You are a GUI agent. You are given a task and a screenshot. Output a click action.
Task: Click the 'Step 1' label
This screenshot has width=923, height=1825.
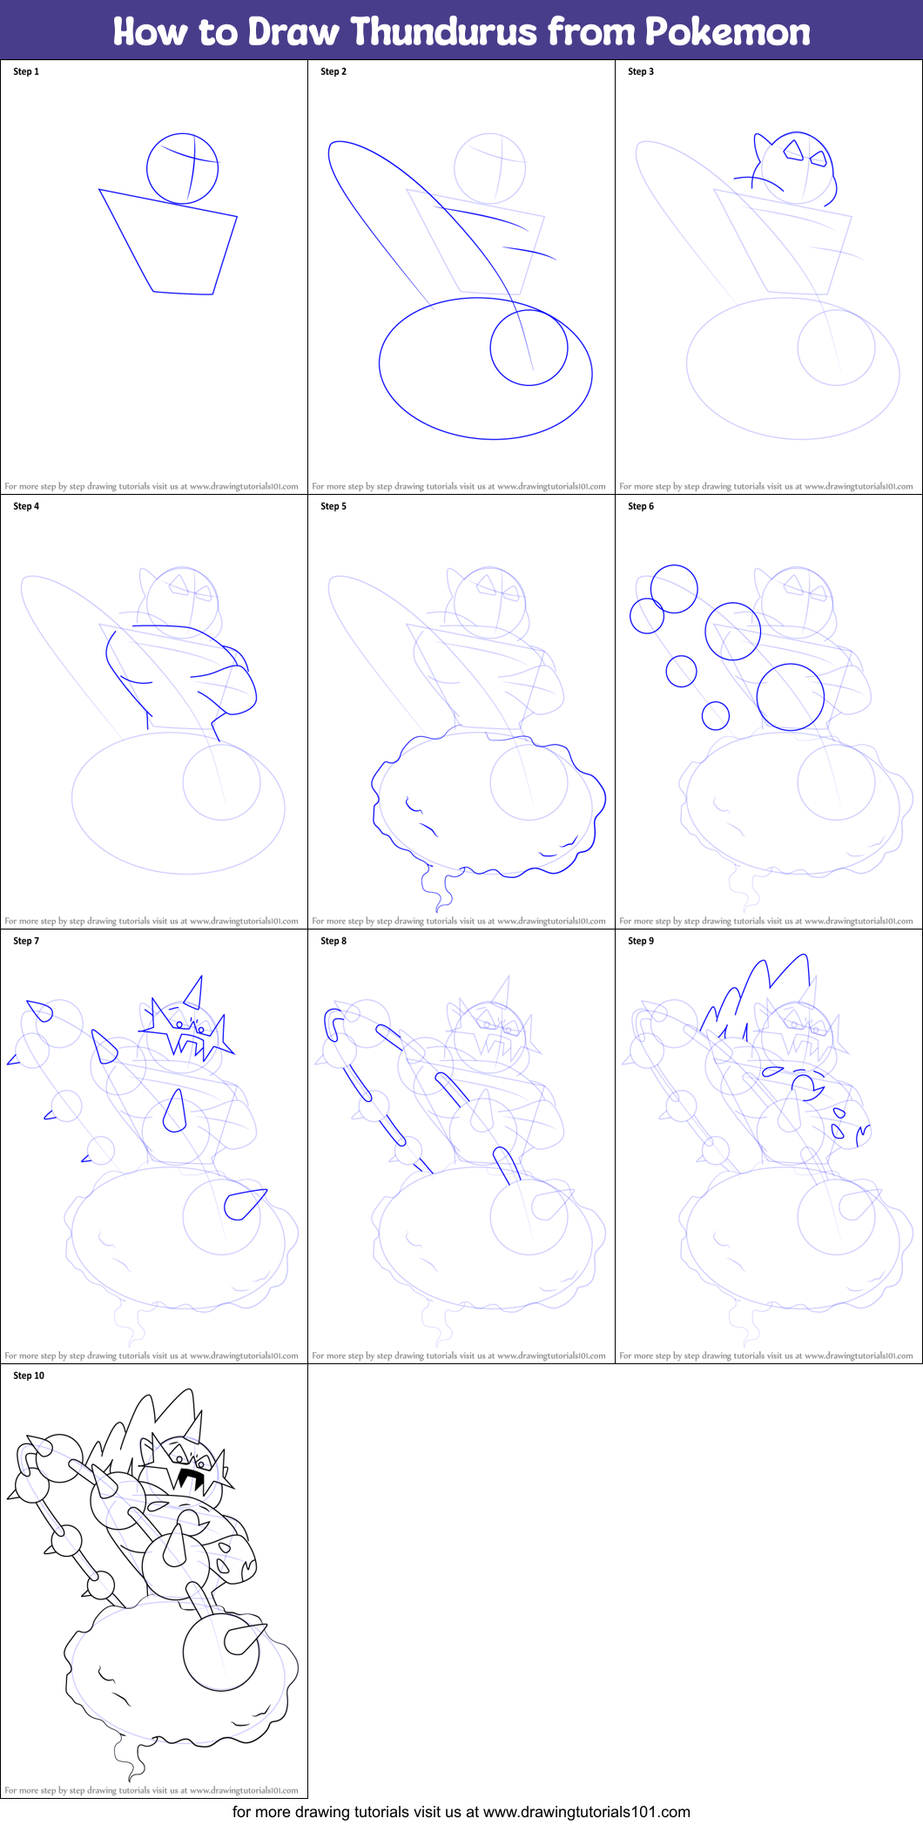tap(26, 71)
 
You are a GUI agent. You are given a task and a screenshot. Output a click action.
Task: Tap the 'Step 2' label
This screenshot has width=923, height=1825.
tap(333, 71)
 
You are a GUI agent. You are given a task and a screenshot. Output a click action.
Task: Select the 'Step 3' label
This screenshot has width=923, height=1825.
tap(641, 71)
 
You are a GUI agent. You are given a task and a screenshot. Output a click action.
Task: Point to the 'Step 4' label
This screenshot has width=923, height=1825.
tap(26, 506)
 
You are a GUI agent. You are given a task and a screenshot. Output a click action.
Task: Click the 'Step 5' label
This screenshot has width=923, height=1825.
tap(333, 506)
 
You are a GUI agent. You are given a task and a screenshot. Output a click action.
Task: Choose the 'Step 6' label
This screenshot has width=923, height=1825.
tap(641, 506)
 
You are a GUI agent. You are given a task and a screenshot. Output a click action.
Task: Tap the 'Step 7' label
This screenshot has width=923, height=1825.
tap(26, 941)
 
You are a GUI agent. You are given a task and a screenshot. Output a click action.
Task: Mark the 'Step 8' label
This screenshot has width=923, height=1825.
tap(333, 941)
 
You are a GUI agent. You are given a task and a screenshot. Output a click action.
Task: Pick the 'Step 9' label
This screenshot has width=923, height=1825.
tap(641, 941)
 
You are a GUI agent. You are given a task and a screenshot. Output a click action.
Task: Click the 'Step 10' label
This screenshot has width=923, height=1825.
tap(29, 1376)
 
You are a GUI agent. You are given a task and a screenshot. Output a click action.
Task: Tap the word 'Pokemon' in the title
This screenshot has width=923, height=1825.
tap(727, 31)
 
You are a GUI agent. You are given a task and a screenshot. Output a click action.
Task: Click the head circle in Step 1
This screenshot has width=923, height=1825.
tap(182, 168)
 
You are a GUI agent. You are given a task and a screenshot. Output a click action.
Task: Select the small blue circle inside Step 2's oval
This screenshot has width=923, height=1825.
tap(529, 347)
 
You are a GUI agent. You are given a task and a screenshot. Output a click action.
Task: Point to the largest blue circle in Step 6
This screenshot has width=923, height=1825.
tap(790, 697)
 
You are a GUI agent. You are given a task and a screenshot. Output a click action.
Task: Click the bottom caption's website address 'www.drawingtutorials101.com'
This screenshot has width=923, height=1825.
tap(586, 1812)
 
